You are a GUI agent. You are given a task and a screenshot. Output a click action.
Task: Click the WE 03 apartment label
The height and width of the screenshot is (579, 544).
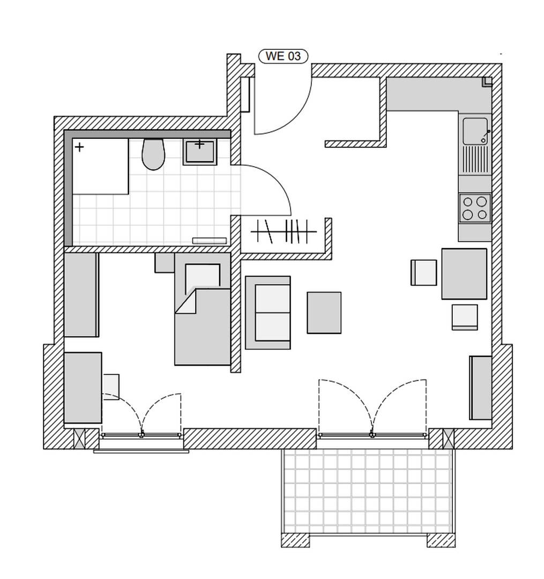pyautogui.click(x=283, y=56)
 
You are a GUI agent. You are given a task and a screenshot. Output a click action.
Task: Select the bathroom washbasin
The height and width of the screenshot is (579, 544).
pyautogui.click(x=199, y=151)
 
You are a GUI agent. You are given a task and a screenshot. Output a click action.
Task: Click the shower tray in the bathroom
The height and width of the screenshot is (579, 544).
pyautogui.click(x=101, y=166)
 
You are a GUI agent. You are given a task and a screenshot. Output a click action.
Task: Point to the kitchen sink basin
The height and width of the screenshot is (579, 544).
pyautogui.click(x=475, y=130)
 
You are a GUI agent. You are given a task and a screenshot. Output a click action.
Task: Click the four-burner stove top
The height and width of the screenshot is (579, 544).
pyautogui.click(x=475, y=208)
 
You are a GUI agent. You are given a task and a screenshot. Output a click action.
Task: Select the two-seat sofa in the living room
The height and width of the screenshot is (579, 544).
pyautogui.click(x=268, y=312)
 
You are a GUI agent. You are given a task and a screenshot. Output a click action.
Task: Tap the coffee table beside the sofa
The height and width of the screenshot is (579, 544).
pyautogui.click(x=324, y=312)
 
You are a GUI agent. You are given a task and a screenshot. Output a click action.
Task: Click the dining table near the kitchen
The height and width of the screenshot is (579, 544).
pyautogui.click(x=464, y=273)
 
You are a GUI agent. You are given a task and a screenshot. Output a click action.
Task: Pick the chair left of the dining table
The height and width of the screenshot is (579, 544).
pyautogui.click(x=424, y=272)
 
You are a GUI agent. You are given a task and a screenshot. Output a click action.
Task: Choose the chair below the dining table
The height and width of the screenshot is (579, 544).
pyautogui.click(x=465, y=316)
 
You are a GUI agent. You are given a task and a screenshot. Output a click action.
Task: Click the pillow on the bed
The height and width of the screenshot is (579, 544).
pyautogui.click(x=203, y=277)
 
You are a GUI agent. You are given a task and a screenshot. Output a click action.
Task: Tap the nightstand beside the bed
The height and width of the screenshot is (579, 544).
pyautogui.click(x=164, y=263)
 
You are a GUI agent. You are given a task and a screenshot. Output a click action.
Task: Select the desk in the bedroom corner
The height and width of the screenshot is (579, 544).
pyautogui.click(x=83, y=387)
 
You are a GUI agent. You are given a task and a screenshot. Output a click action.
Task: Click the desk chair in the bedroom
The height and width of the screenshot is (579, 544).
pyautogui.click(x=111, y=386)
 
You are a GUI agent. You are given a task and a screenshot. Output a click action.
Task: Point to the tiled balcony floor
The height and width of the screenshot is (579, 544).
pyautogui.click(x=368, y=491)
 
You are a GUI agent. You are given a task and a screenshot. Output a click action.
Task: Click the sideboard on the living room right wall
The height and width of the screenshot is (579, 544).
pyautogui.click(x=481, y=387)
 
